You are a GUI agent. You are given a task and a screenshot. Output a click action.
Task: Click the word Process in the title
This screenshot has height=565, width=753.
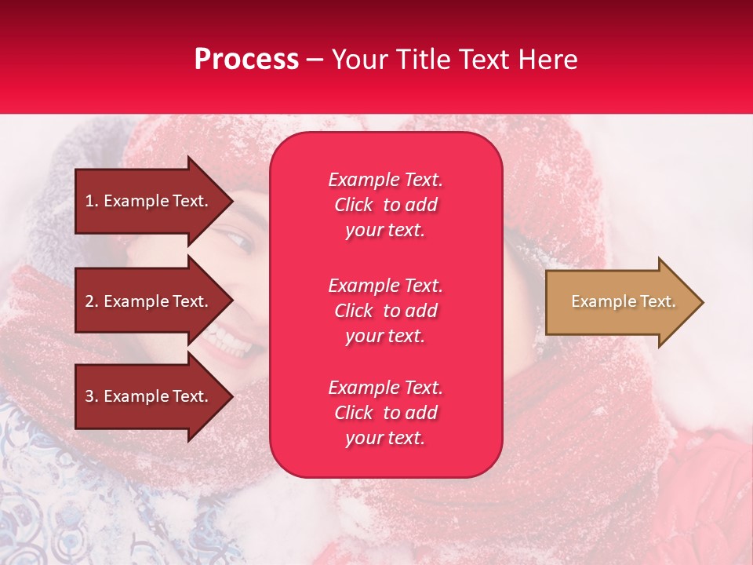coord(246,59)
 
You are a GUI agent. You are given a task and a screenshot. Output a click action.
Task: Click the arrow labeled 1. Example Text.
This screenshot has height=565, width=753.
coord(154,201)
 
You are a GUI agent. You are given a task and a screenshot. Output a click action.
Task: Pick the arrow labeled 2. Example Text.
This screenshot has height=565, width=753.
coord(154,301)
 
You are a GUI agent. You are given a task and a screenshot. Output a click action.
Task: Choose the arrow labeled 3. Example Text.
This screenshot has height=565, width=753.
coord(154,395)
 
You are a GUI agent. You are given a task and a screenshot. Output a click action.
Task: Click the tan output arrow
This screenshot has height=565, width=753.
coord(624,301)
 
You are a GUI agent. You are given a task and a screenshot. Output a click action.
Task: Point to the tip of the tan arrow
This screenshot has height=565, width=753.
coord(704,301)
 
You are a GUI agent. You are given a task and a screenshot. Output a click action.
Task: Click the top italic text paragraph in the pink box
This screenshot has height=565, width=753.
coord(386,205)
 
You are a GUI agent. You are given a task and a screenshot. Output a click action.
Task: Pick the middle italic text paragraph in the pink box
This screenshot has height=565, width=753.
coord(386,311)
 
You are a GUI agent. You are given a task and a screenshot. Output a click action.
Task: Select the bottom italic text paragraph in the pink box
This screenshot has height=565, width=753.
coord(386,413)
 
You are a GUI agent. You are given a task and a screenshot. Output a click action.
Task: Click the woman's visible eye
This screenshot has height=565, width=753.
coord(235,238)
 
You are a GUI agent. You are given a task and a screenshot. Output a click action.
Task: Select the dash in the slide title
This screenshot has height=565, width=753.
coord(315,61)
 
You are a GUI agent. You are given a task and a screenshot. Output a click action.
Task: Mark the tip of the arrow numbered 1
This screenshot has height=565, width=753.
coord(233,201)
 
